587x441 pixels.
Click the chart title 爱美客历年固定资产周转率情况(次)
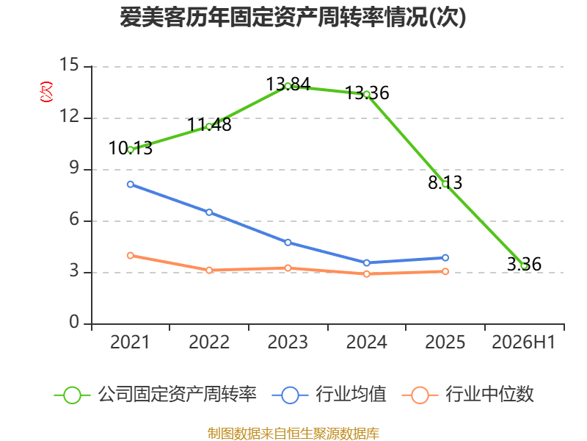293,17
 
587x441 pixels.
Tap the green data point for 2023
288,86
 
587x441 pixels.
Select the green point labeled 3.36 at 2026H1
524,266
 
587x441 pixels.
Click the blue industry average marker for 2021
131,184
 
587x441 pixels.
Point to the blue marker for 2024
366,263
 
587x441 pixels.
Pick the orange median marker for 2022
209,270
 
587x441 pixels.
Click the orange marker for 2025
445,271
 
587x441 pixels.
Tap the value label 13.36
367,93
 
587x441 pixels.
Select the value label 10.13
131,148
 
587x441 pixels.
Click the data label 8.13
445,182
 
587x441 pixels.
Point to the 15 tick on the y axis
69,65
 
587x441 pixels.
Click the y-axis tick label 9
74,168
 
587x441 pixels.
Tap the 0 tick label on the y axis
74,322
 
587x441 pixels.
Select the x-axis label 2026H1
523,343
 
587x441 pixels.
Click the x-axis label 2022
209,343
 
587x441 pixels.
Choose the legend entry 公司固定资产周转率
156,395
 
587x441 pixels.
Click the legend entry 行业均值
329,395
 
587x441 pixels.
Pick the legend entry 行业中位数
468,395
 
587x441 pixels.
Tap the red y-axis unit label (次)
46,92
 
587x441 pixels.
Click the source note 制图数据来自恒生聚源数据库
293,434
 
